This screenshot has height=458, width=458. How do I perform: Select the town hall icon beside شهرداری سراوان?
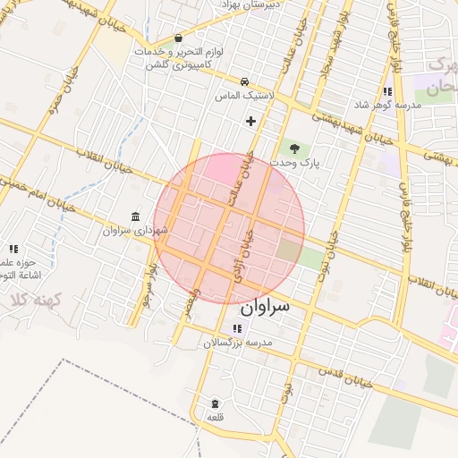pos(135,217)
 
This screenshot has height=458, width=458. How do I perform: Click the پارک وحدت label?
pos(298,164)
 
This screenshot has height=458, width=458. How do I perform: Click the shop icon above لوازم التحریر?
pos(179,38)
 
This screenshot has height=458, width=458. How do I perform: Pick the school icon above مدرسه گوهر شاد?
pos(387,91)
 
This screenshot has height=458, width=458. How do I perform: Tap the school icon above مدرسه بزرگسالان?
pos(236,328)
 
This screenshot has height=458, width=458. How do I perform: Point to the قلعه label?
pos(215,417)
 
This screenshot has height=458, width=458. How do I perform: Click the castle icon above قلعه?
pos(215,403)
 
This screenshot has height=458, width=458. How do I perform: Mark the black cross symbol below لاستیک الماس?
pos(250,121)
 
